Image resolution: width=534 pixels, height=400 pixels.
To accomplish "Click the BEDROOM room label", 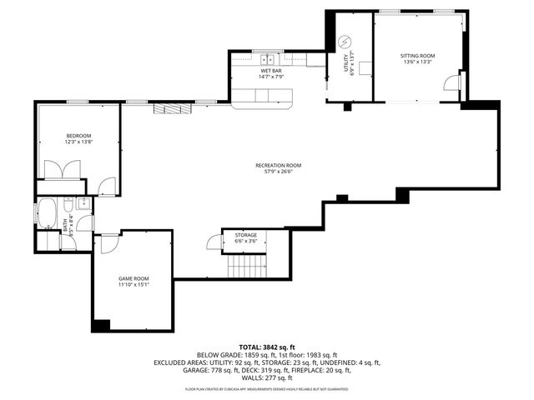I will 79,139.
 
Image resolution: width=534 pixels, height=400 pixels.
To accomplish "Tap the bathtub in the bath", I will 48,212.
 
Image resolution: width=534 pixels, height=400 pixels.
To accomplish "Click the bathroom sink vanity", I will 84,203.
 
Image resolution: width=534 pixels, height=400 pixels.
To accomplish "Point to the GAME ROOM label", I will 133,282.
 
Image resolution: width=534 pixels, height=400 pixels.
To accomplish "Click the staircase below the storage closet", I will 246,266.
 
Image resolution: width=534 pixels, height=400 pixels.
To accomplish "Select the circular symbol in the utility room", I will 345,42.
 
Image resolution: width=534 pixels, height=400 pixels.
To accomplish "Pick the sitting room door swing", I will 452,82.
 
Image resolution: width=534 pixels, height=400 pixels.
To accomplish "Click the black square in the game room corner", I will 101,325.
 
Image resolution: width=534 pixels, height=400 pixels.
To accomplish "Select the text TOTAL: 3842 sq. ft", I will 267,347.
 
